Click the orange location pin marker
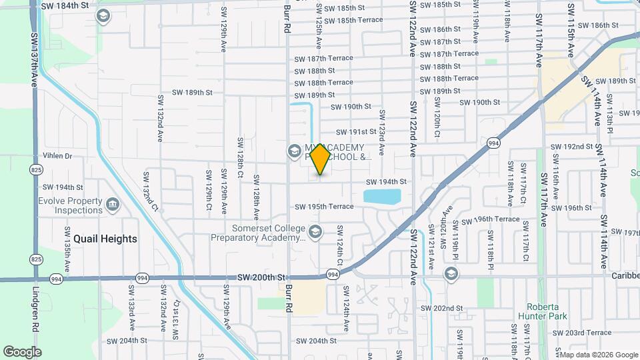click(x=320, y=159)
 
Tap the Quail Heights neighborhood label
click(x=105, y=239)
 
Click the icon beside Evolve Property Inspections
click(x=112, y=203)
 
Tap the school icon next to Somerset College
click(x=315, y=233)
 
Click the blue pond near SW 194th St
click(x=382, y=196)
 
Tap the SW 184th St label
click(x=65, y=5)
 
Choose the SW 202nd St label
click(x=441, y=308)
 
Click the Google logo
click(x=22, y=351)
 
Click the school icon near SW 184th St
click(x=103, y=16)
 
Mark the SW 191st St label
click(x=356, y=132)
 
